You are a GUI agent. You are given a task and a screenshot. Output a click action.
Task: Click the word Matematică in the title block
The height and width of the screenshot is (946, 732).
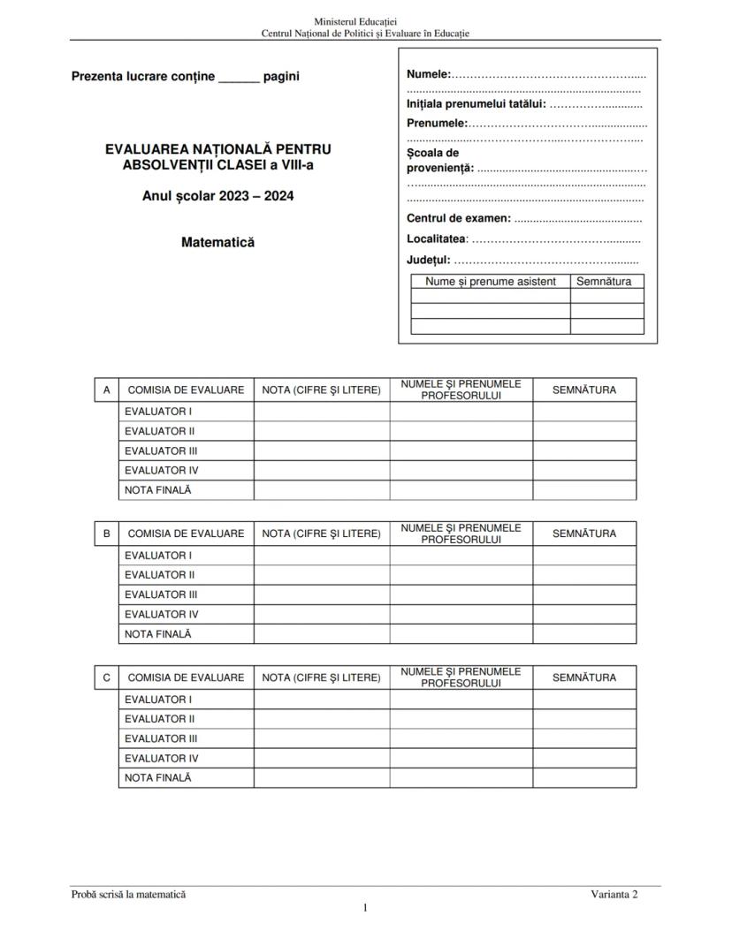tap(217, 242)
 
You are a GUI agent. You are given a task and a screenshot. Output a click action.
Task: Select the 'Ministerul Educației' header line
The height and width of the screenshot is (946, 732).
tap(365, 20)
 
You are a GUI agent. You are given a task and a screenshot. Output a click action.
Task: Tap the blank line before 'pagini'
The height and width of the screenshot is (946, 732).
tap(239, 78)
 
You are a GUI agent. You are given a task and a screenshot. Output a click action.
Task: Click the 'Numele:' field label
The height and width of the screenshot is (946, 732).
tap(429, 73)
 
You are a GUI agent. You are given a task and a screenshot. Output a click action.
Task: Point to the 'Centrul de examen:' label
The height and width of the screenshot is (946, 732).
tap(459, 218)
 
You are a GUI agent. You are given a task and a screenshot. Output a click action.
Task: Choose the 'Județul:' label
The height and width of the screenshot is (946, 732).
tap(429, 260)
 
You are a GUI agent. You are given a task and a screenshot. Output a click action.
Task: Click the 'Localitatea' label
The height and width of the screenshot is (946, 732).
tap(437, 238)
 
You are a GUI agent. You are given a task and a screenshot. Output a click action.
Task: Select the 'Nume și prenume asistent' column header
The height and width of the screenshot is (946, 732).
tap(491, 282)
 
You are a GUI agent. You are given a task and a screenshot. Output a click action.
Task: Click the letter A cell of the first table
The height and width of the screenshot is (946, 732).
tap(107, 390)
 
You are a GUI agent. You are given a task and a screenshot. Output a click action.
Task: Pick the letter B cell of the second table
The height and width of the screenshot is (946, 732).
tap(107, 534)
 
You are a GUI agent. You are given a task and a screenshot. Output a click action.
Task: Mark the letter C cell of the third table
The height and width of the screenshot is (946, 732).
tap(107, 677)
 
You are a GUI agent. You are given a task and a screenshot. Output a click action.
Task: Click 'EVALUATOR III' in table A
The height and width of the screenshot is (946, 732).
tap(161, 450)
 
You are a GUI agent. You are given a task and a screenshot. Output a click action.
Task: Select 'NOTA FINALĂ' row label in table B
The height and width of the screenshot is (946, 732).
tap(158, 634)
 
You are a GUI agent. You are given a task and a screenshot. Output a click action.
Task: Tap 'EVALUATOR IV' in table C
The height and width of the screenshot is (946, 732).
tap(162, 758)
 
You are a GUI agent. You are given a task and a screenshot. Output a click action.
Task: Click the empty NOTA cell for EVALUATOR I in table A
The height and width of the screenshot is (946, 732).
tap(322, 412)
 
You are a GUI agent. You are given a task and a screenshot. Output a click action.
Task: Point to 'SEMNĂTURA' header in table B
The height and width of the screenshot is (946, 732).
tap(584, 534)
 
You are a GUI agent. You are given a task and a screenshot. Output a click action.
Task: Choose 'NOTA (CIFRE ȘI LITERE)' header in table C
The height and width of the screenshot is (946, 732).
tap(322, 677)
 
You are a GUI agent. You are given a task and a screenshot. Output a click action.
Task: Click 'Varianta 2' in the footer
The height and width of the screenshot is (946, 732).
tap(614, 894)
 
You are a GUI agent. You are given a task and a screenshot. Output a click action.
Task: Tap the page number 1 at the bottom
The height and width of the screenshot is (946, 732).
tap(365, 908)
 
